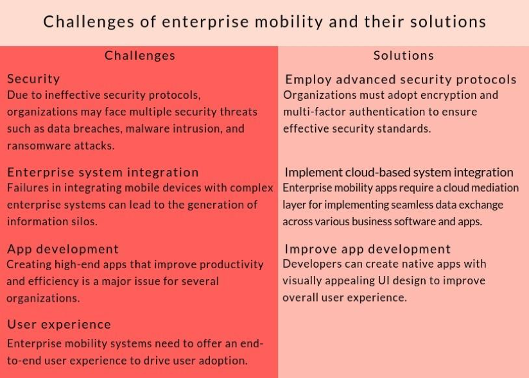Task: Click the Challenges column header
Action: click(140, 56)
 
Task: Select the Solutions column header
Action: click(404, 55)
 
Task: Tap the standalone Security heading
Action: click(33, 79)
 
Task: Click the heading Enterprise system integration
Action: click(103, 172)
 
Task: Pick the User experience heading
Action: click(59, 324)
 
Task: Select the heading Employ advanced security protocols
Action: click(401, 80)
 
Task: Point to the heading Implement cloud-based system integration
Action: click(399, 172)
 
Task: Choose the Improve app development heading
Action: click(367, 249)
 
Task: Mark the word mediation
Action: click(495, 188)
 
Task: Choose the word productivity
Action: click(231, 264)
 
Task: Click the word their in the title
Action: click(384, 22)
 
